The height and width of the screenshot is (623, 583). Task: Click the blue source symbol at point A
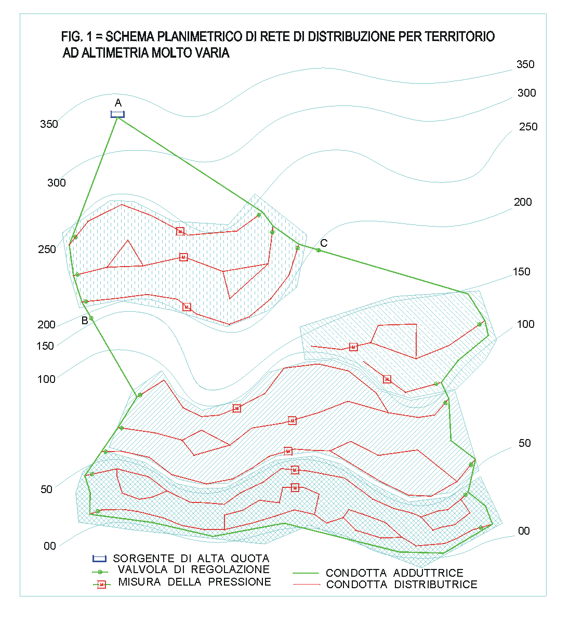(x=117, y=114)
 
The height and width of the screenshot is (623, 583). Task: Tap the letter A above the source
(x=118, y=103)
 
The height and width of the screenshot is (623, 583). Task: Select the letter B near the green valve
(x=85, y=321)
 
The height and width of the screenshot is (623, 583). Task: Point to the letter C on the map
(x=324, y=243)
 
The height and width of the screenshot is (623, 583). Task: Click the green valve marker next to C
(x=319, y=250)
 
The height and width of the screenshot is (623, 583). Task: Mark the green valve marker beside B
(x=91, y=318)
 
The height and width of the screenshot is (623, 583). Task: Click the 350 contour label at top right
(x=525, y=64)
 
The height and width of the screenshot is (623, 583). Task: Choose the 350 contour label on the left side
(x=49, y=124)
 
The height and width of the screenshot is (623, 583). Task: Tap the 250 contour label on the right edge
(x=528, y=127)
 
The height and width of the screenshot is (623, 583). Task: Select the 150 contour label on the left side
(x=45, y=346)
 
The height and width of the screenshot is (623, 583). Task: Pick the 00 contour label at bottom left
(x=50, y=546)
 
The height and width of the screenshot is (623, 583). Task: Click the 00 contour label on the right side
(x=524, y=531)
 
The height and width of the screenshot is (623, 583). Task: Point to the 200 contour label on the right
(x=523, y=202)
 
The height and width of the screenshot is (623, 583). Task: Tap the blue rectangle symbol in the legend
(x=99, y=558)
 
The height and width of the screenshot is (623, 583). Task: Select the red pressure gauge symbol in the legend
(x=102, y=585)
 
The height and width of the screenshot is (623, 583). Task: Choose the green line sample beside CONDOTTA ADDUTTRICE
(x=306, y=573)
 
